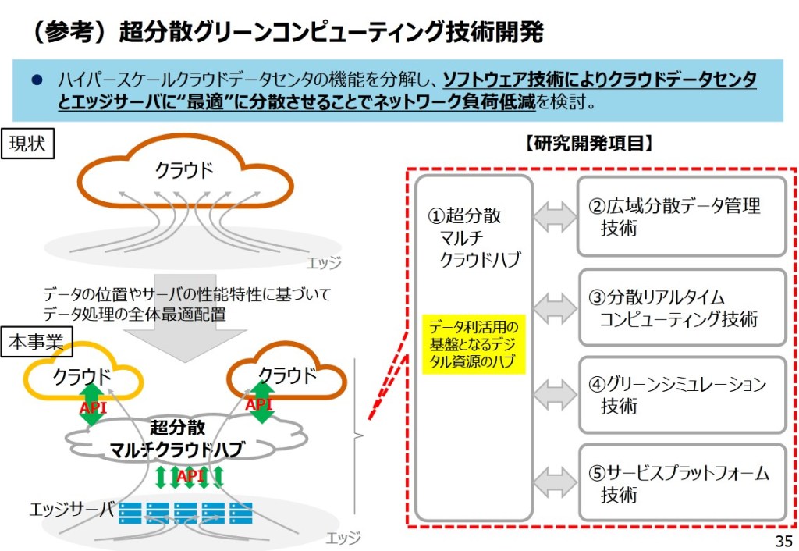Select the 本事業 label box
pos(37,341)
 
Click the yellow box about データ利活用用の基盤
pos(474,344)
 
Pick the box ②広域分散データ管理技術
pos(681,216)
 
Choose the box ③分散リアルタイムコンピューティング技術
pos(681,307)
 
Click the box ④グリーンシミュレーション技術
pos(681,395)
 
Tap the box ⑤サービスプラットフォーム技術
pos(681,483)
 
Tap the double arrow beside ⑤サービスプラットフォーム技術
pos(555,482)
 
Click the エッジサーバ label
pos(72,510)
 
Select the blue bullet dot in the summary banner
pos(36,80)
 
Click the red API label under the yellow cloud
pos(93,408)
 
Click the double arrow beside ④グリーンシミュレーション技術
pos(555,394)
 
